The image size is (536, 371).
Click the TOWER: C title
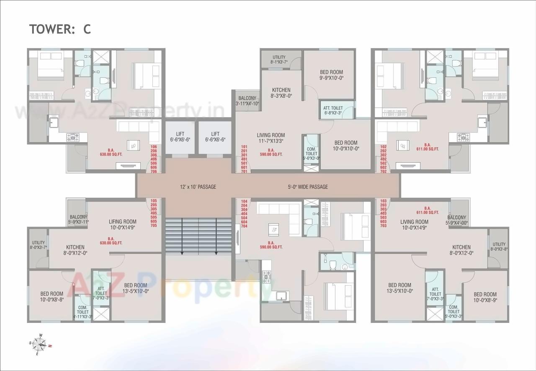coord(60,29)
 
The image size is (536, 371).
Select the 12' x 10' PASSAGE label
coord(198,187)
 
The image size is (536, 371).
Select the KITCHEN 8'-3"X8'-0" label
coord(281,92)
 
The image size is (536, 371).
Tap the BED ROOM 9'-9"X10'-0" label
coord(331,75)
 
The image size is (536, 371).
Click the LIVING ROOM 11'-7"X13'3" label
coord(271,138)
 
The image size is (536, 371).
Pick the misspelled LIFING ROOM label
coord(122,225)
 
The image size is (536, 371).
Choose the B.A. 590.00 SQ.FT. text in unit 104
coord(271,245)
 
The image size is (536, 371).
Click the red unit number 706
coord(154,171)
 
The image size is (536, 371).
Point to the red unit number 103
coord(383,201)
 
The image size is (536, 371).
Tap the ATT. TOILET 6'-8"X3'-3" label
coord(332,110)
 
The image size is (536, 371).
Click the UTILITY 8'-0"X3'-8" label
coord(499,247)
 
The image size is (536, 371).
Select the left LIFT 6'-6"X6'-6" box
coord(180,137)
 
